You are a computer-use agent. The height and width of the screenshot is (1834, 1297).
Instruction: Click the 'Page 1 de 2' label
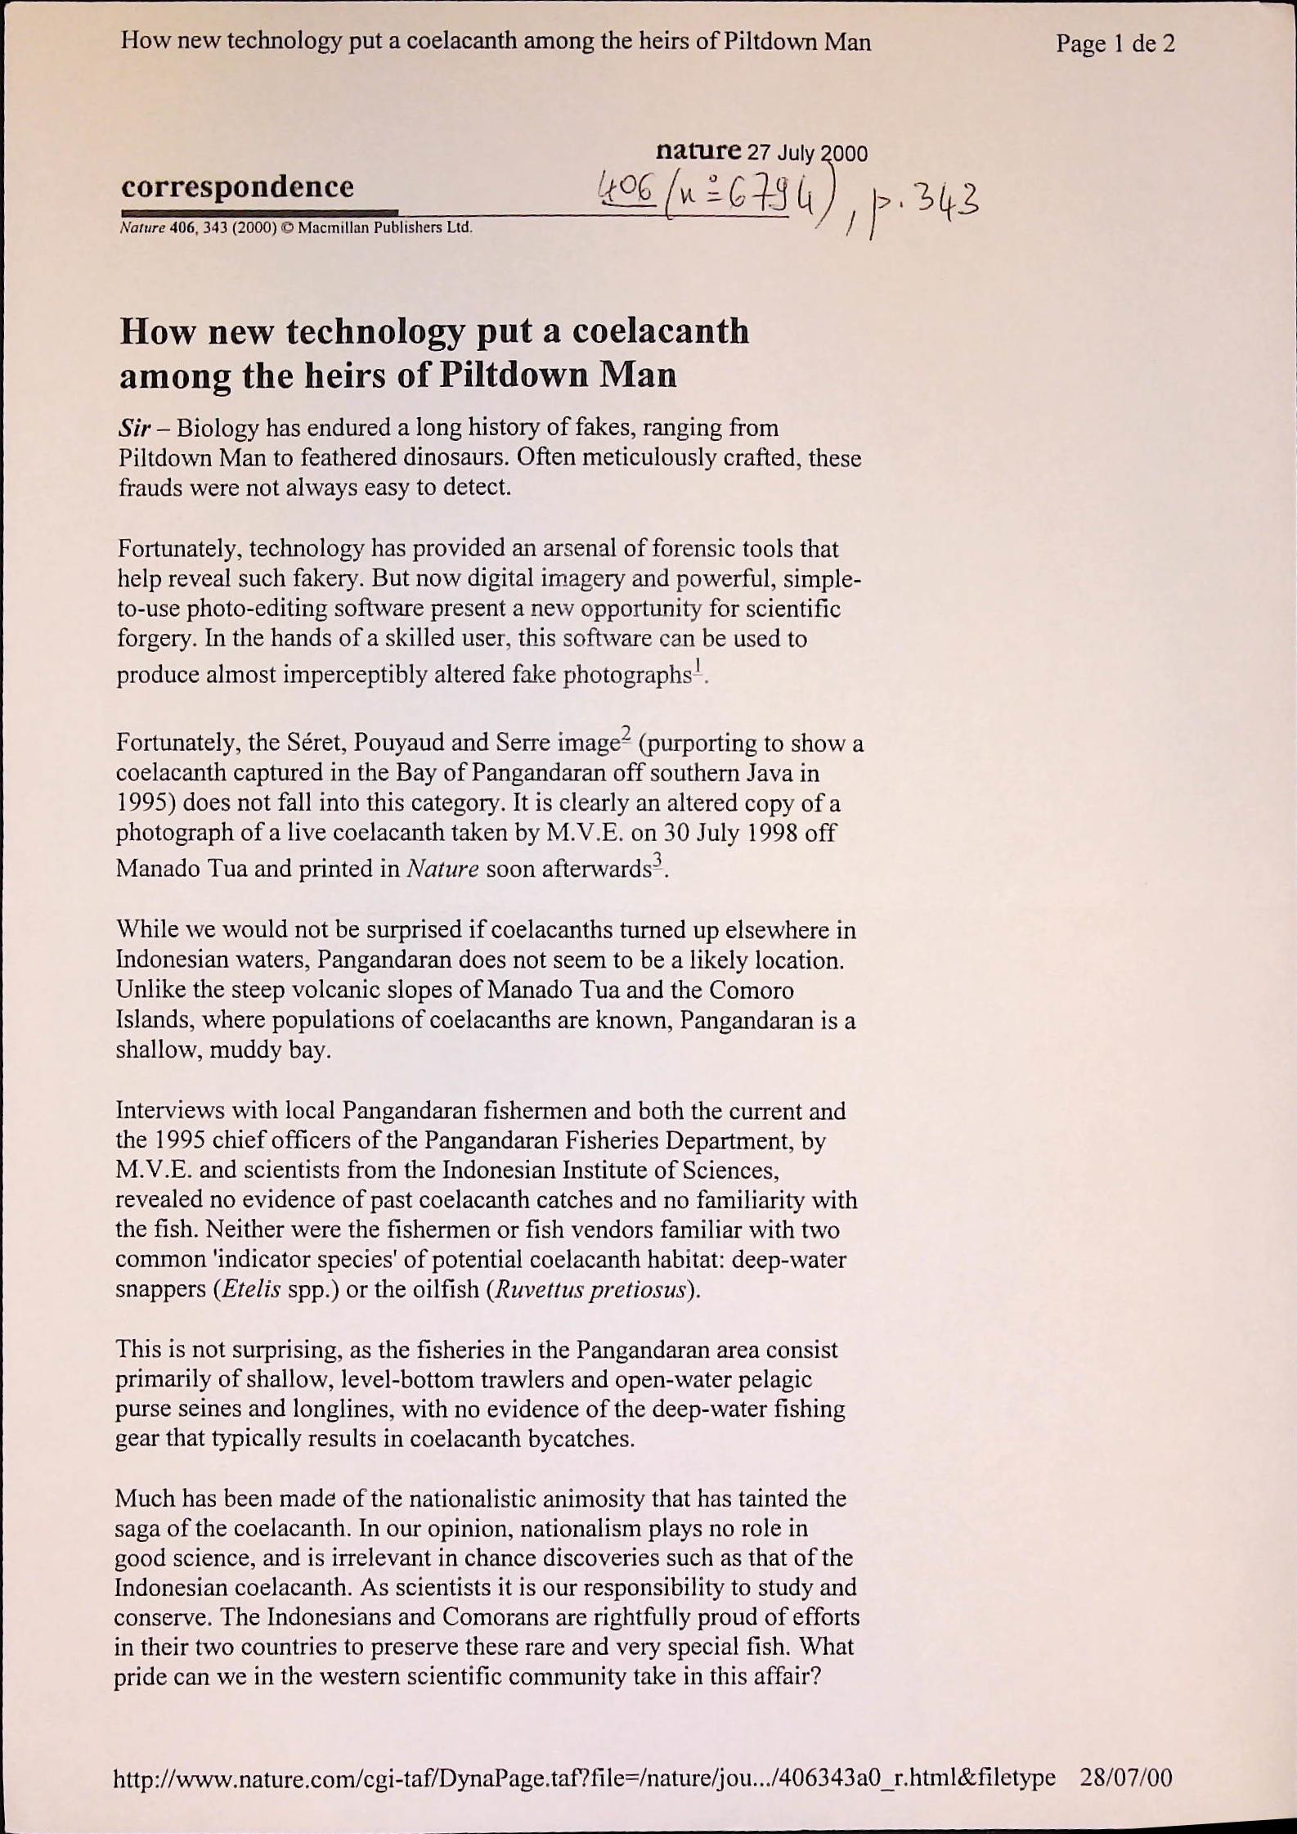1115,43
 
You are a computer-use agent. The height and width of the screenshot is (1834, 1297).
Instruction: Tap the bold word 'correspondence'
237,187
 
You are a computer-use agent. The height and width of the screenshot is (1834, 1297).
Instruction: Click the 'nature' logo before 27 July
698,151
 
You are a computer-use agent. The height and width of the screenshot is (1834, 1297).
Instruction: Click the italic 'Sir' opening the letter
132,428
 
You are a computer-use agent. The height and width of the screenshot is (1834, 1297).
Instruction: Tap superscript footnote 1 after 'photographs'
698,667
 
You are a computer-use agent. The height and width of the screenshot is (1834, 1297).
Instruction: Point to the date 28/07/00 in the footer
1125,1777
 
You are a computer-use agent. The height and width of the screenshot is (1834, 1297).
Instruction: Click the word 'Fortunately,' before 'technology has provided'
179,549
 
